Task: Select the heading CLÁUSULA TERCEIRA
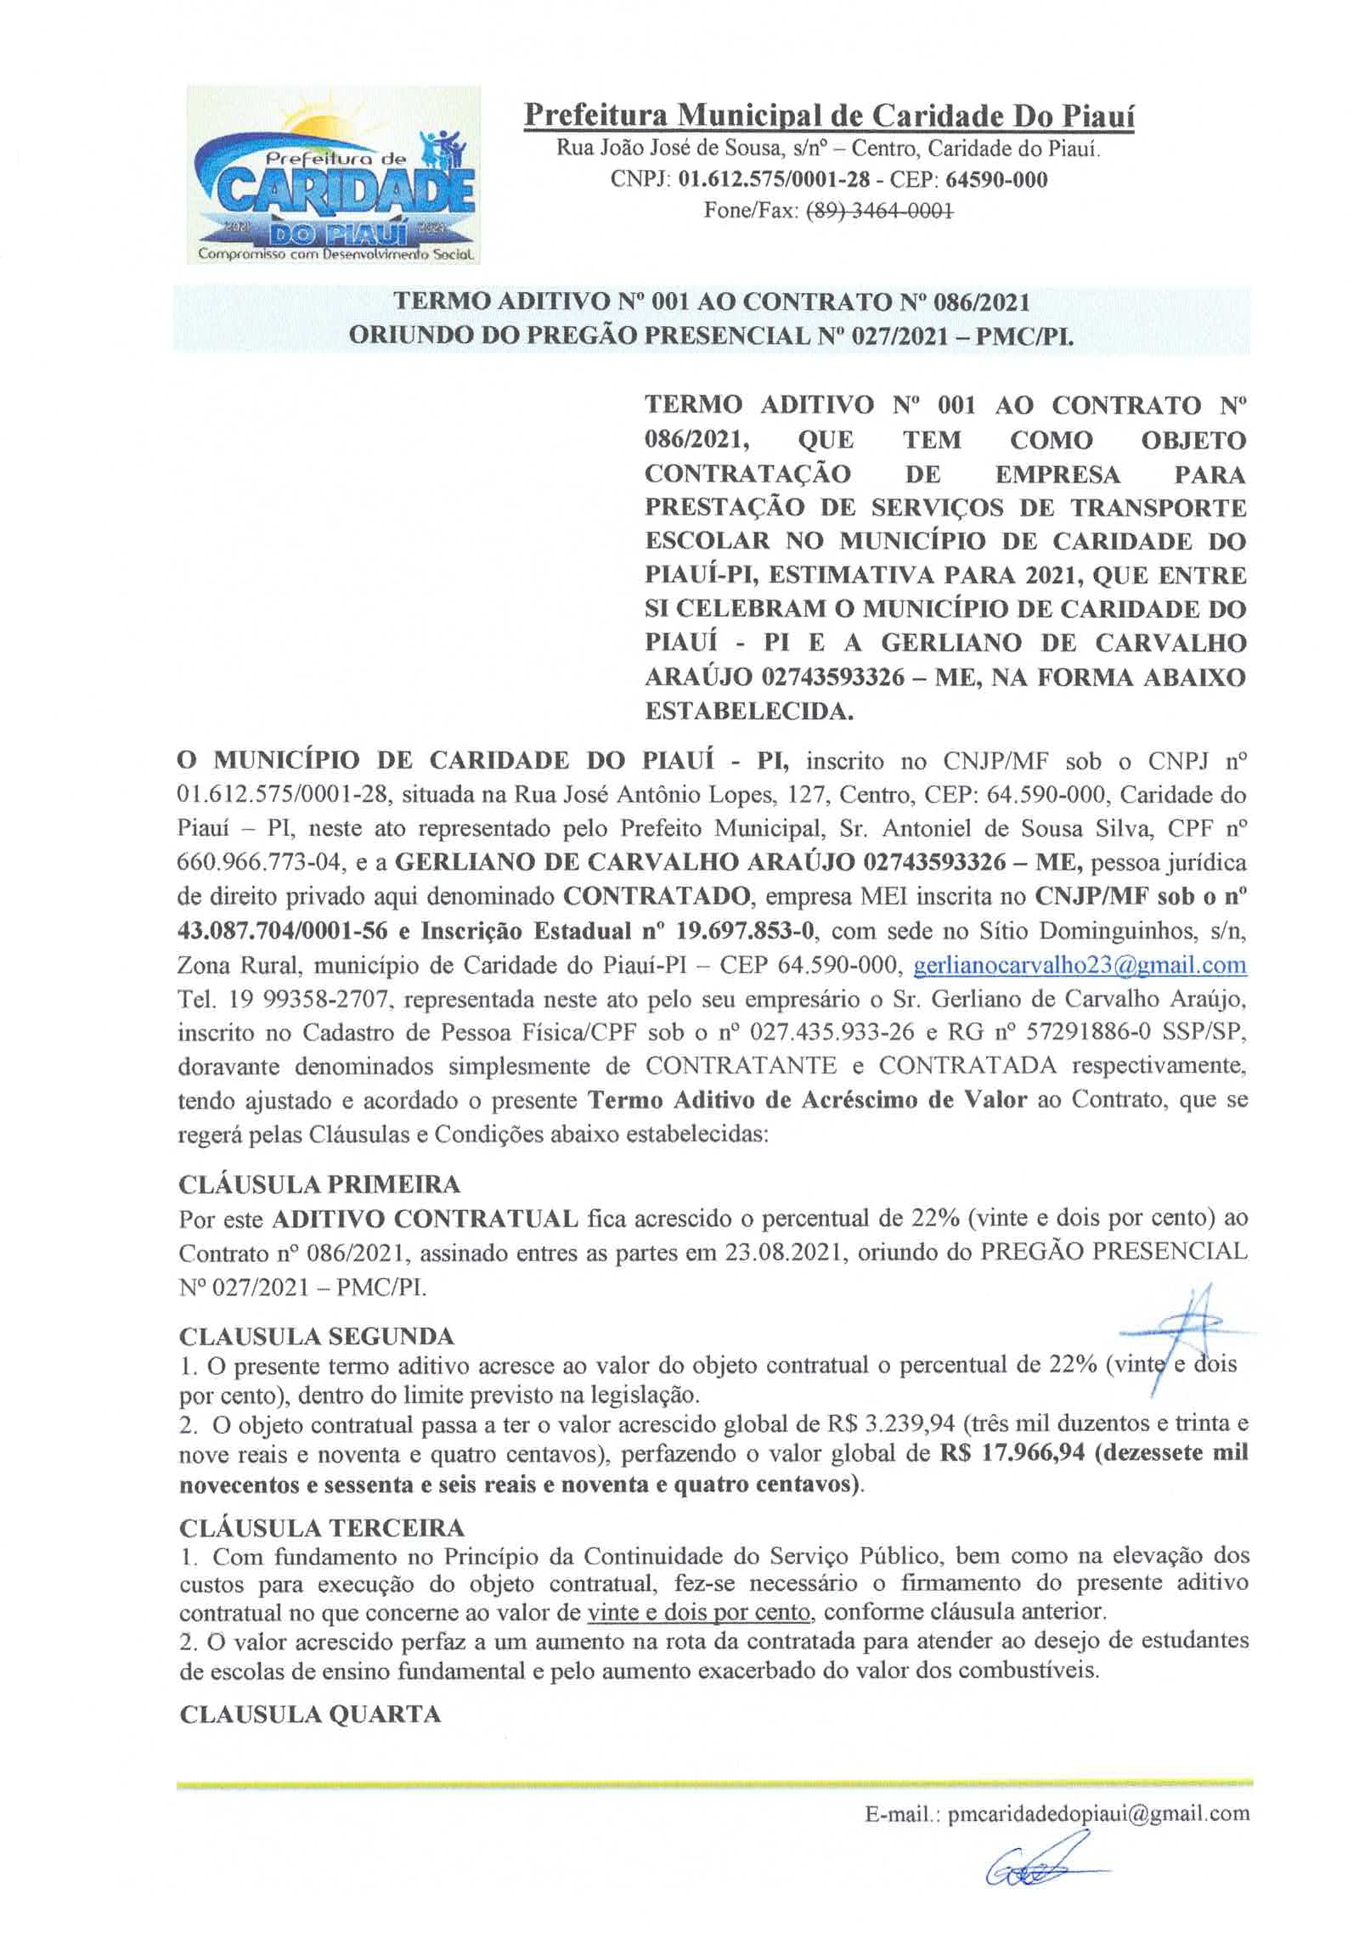point(322,1528)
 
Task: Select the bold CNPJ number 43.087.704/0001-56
point(282,931)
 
